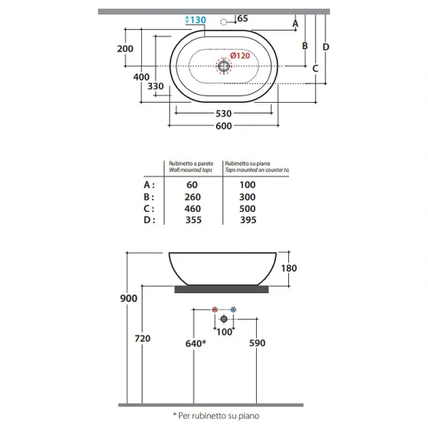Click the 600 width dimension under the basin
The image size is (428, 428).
(223, 126)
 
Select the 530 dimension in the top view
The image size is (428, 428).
(223, 113)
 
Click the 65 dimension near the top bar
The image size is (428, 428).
(242, 19)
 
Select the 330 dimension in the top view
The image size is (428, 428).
(156, 86)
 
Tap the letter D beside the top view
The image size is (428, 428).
(325, 47)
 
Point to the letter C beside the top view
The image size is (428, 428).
(315, 68)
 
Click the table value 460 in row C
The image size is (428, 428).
(193, 209)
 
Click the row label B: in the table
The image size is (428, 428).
(149, 197)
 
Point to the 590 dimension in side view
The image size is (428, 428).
(257, 343)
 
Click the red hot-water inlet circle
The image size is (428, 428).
(215, 310)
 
